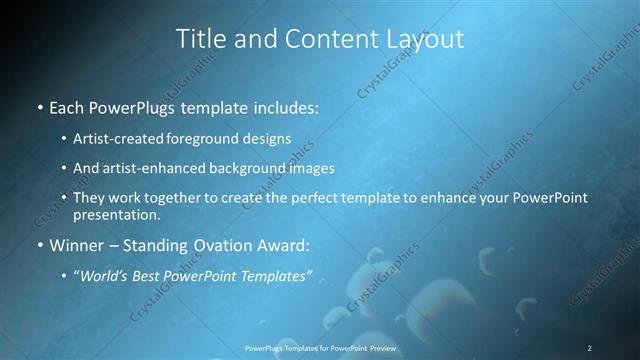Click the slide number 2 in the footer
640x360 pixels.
pos(589,348)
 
